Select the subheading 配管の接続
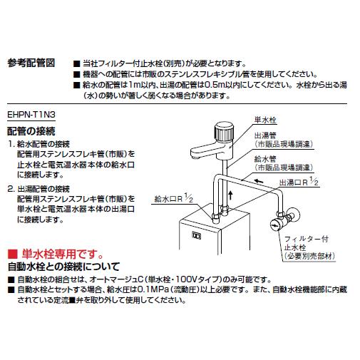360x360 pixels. click(32, 131)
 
